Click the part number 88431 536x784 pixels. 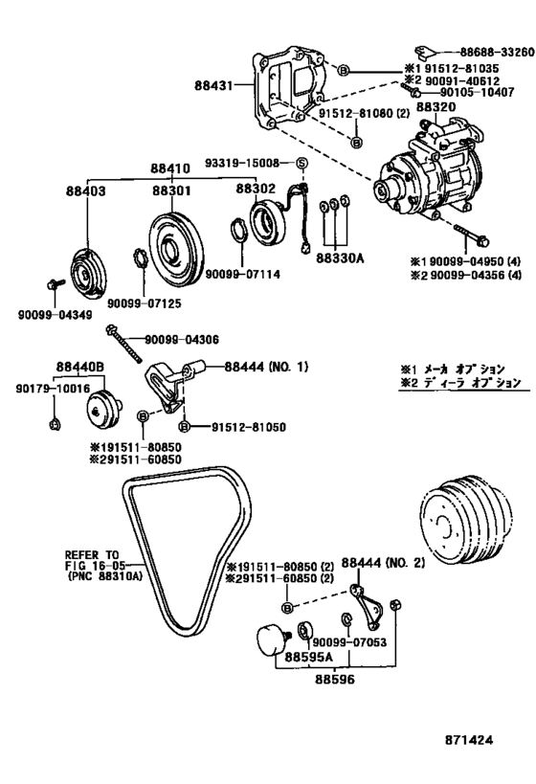[228, 86]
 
